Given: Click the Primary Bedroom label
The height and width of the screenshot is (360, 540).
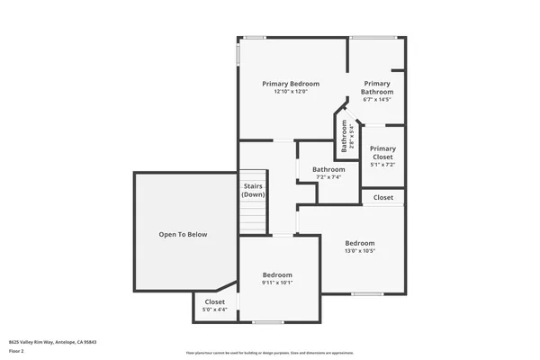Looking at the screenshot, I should coord(291,84).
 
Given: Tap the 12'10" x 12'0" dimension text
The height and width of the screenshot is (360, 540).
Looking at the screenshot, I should coord(291,92).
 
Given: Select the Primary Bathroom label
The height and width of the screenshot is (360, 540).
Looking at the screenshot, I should coord(377,87).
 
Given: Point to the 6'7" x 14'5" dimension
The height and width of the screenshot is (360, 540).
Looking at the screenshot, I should coord(377,100).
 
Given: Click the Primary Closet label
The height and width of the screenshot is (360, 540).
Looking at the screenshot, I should coord(382,153).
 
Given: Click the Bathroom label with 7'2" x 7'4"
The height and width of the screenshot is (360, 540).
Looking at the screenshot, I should coord(328,169).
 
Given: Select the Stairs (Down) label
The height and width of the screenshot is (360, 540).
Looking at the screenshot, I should coord(253,191).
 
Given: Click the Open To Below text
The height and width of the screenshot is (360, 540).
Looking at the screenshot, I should coord(183,235).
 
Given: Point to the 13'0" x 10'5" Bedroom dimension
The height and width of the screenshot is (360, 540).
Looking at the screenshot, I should coord(360,251).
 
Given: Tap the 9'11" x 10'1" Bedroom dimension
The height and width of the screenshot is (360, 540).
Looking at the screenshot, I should coord(277,283).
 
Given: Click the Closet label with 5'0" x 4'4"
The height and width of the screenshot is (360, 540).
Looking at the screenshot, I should coord(215,302).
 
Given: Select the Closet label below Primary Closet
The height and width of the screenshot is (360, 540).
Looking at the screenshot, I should coord(383,197).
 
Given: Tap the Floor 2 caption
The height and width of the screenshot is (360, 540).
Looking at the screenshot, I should coord(15,350).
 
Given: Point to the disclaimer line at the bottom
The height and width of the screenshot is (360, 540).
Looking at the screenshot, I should coord(269,354).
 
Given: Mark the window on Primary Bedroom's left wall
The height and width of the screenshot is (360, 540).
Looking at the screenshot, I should coord(238,54).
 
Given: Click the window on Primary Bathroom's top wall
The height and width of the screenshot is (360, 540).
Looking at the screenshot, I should coord(373,37).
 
